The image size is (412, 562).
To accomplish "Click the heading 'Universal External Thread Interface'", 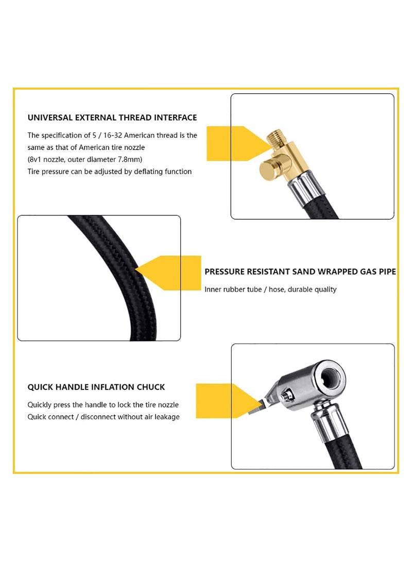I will tap(112, 118).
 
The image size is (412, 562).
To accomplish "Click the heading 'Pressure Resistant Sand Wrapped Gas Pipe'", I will tap(300, 271).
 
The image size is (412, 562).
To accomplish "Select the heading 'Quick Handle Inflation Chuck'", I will tap(96, 387).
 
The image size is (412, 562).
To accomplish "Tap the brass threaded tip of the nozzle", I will tap(274, 139).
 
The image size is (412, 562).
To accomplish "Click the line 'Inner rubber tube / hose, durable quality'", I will tap(270, 289).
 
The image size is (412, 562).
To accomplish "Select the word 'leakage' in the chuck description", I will tap(165, 417).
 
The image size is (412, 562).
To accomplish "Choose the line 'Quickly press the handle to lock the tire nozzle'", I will tap(103, 405).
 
